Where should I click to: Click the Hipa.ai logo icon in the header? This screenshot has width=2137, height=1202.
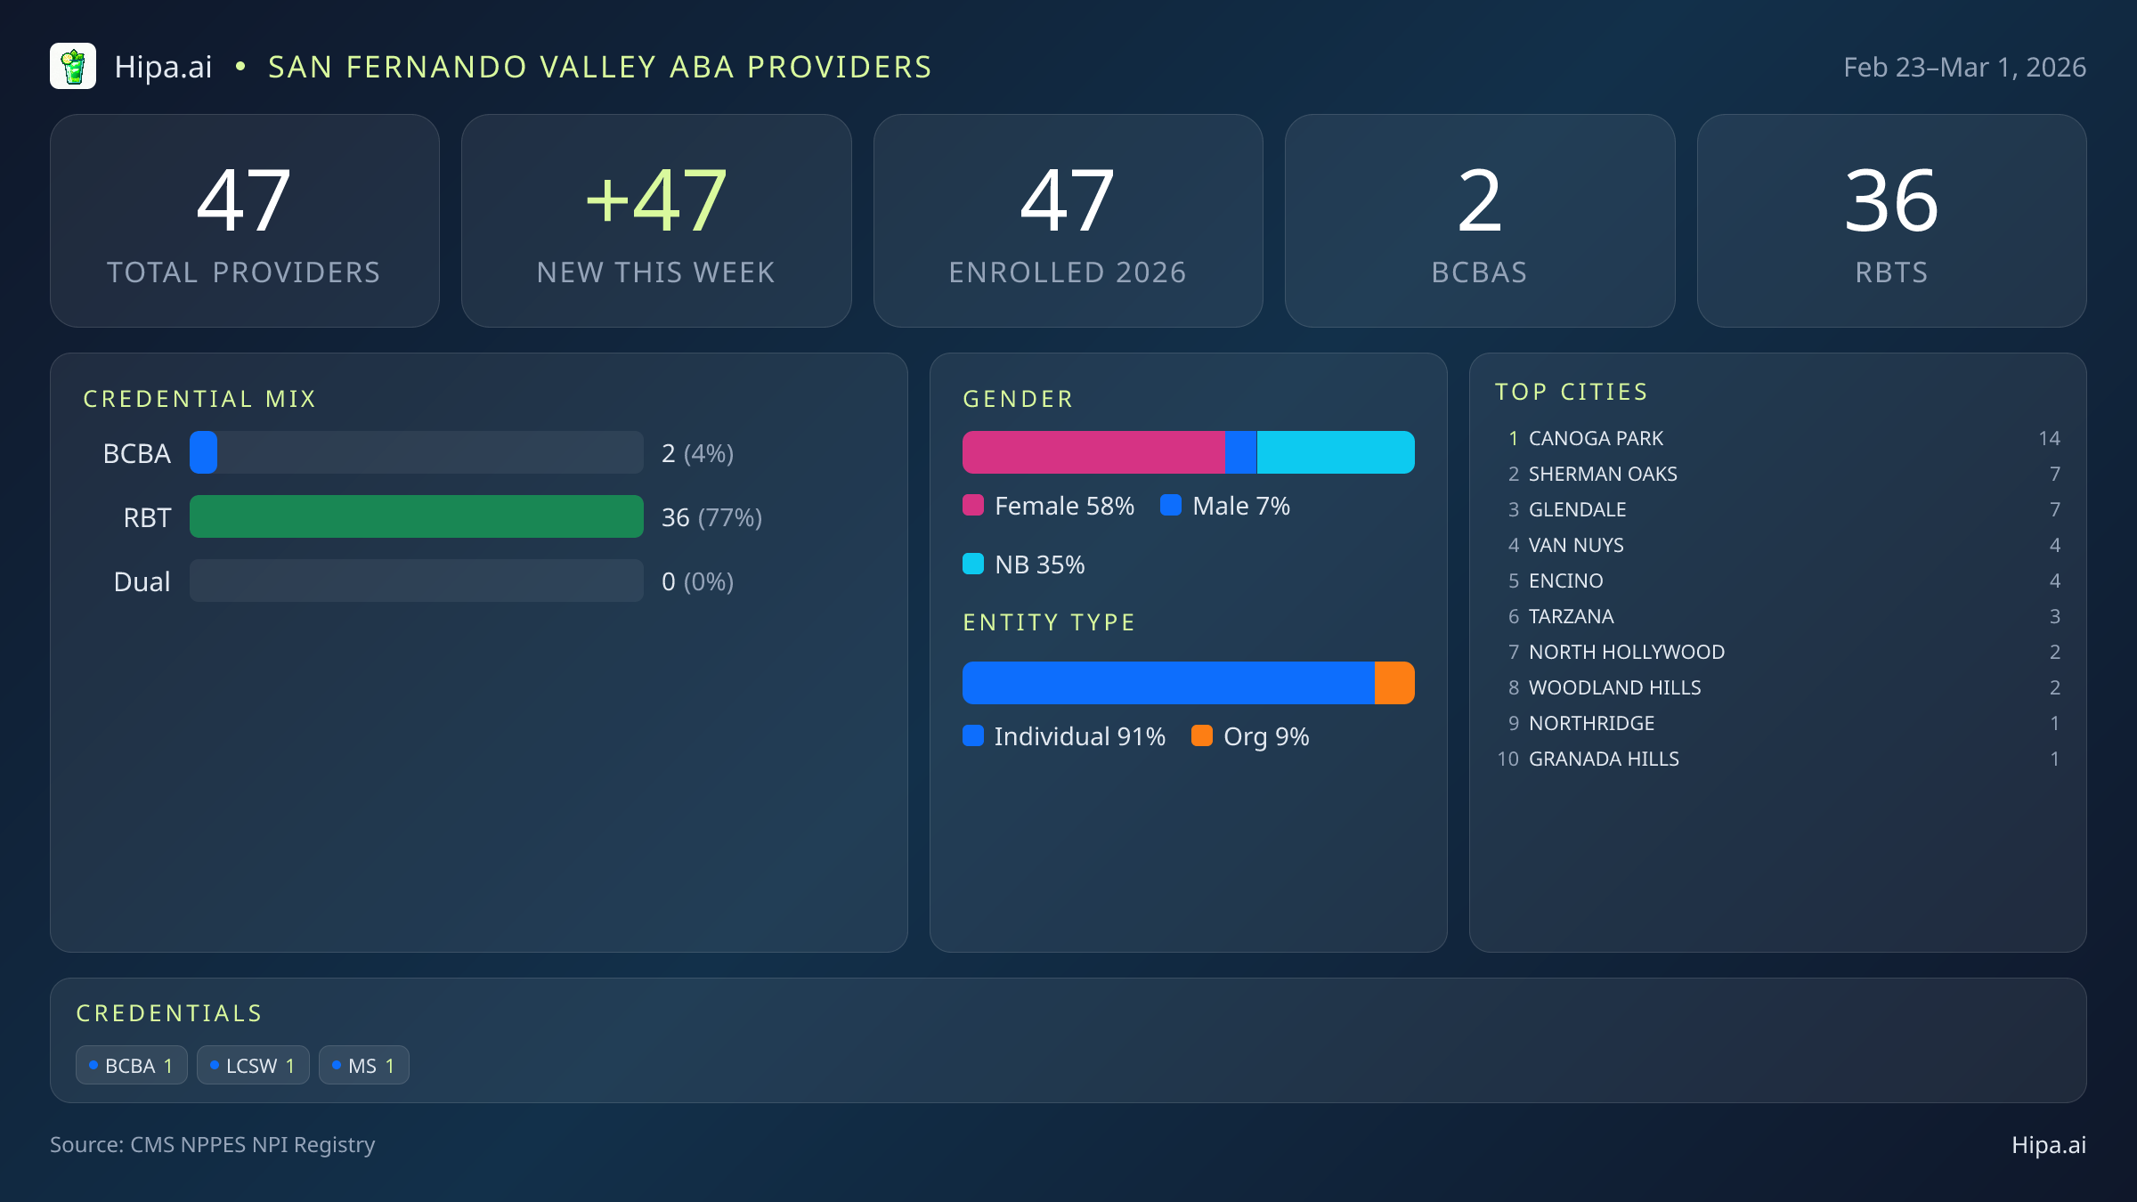click(73, 67)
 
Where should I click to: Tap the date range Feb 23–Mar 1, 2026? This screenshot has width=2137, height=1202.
click(1963, 68)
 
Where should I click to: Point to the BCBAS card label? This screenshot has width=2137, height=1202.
click(1479, 272)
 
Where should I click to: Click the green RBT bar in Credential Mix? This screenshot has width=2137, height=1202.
click(416, 516)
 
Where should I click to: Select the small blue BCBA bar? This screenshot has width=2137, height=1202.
click(204, 452)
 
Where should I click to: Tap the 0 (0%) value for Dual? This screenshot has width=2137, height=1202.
click(697, 581)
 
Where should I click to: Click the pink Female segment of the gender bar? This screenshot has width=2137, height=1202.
click(1093, 452)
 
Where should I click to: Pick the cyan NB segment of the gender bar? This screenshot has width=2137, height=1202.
click(1335, 452)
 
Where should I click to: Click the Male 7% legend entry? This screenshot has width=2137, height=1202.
click(1225, 506)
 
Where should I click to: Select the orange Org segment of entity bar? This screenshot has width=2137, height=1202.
click(1394, 683)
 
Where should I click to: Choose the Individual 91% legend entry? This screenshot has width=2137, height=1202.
click(1064, 736)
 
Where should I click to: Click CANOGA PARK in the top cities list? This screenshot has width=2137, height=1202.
click(1596, 438)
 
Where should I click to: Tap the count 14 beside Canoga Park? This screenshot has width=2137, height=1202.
click(2049, 438)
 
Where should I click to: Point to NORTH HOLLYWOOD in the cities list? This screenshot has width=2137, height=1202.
click(1626, 652)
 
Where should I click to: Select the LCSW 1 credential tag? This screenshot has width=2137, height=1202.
click(253, 1065)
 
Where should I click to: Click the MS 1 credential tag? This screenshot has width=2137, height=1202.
click(363, 1065)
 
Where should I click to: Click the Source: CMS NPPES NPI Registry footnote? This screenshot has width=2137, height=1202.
click(212, 1144)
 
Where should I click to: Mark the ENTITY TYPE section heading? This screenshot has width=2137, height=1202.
click(1049, 622)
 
